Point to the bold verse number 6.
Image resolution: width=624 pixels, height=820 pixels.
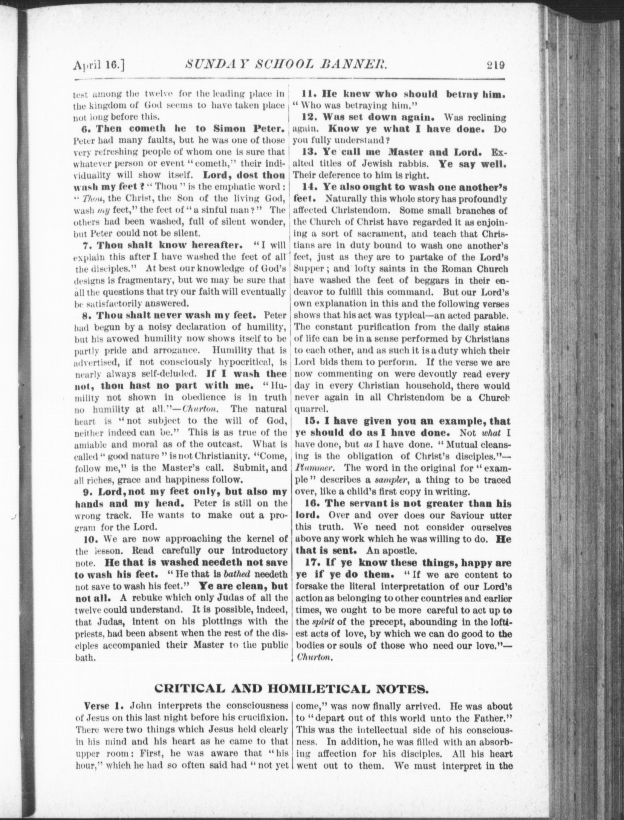[x=85, y=129]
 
